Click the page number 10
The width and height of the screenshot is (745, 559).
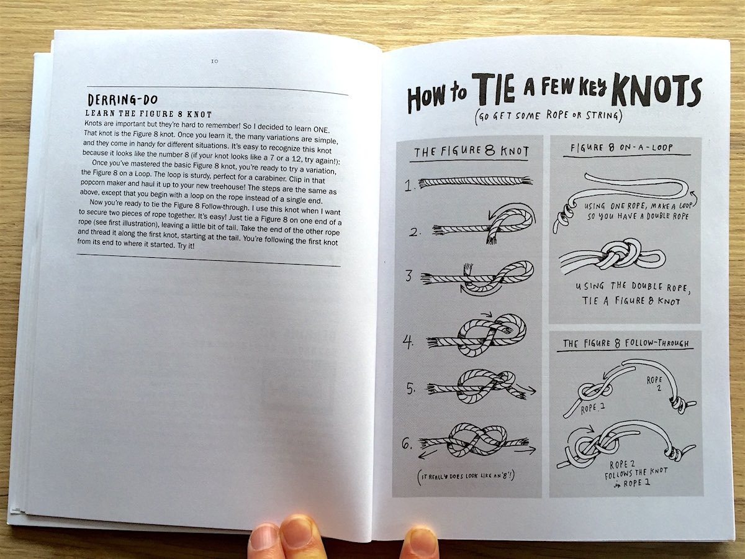(215, 61)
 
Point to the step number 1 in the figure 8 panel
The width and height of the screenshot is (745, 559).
(409, 185)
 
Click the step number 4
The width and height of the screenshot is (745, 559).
(408, 342)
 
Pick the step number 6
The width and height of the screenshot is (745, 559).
(407, 443)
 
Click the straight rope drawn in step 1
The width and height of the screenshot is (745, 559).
(475, 182)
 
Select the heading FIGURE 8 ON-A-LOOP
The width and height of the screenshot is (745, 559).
(621, 148)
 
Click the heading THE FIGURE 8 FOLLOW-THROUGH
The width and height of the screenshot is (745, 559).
(626, 343)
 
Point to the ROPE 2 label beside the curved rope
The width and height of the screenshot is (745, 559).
(654, 383)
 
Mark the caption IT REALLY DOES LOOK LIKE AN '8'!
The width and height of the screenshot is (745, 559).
(466, 476)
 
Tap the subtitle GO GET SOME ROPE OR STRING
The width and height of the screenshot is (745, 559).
(548, 116)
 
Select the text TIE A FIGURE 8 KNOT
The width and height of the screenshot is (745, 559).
(631, 301)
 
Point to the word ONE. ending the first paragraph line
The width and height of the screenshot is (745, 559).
(321, 129)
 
